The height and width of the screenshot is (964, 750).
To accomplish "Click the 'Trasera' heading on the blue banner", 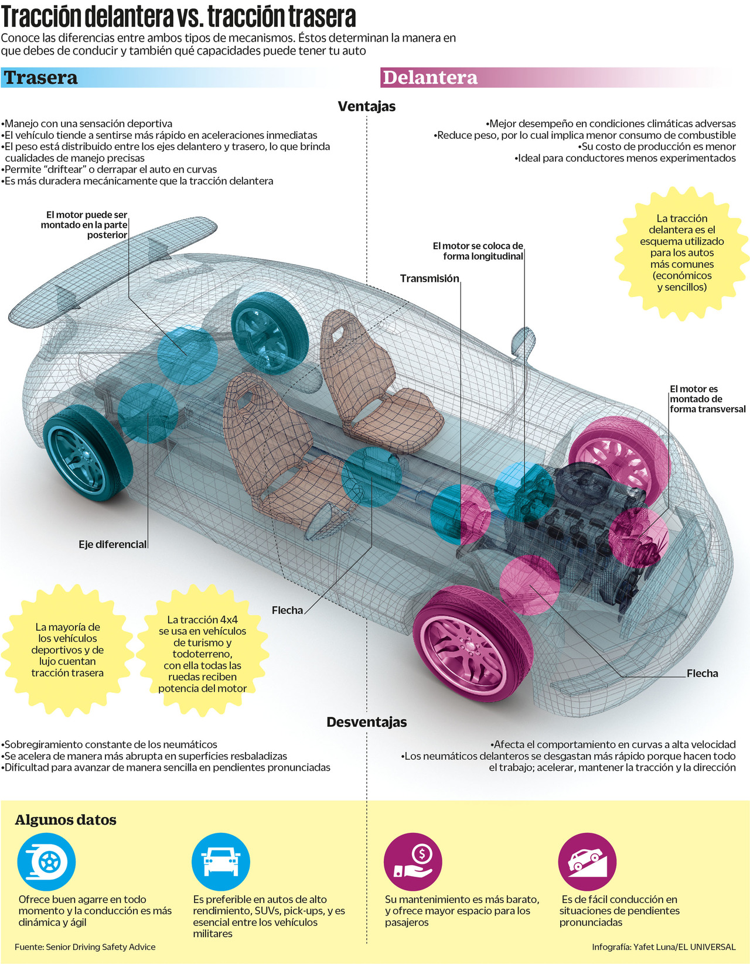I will tap(40, 78).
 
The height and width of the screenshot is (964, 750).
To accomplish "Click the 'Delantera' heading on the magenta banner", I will tap(429, 78).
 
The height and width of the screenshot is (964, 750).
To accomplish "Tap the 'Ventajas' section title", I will tap(367, 107).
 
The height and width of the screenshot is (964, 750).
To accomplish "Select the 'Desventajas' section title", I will tap(367, 722).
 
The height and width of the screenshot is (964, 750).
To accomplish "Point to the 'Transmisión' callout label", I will tap(429, 279).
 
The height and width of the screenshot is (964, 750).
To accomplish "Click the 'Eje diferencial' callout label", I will tap(112, 545).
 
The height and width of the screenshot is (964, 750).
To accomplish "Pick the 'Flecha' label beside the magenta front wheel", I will tap(702, 674).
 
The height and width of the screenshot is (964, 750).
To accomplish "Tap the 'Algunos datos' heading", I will tap(66, 820).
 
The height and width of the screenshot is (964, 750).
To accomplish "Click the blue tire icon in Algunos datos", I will tap(46, 862).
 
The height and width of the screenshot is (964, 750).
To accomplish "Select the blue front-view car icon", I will tap(221, 862).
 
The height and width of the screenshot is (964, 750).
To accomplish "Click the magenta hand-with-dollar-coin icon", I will tap(413, 862).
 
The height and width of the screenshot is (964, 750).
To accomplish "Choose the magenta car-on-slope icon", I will tap(588, 862).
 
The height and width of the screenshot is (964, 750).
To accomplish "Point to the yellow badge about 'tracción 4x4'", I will tap(202, 654).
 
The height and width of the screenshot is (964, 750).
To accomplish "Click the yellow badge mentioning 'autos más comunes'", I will tap(681, 252).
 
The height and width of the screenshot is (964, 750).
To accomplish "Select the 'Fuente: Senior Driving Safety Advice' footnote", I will tap(85, 947).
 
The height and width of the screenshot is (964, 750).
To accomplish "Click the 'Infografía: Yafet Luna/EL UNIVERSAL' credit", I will tap(663, 947).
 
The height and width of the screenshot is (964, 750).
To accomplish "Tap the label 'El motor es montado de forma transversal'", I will tap(707, 399).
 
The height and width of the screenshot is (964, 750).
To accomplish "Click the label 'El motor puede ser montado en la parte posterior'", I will tap(84, 225).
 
